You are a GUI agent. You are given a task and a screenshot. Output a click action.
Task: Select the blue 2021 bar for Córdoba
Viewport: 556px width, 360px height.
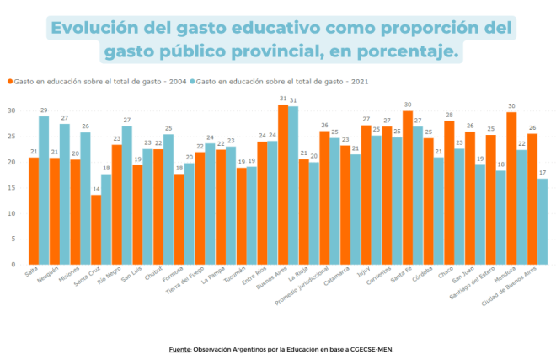click(439, 211)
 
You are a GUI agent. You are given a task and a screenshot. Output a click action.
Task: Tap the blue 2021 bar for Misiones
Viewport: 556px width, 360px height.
click(86, 198)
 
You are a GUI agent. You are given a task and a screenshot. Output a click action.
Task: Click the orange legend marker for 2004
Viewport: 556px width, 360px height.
click(10, 81)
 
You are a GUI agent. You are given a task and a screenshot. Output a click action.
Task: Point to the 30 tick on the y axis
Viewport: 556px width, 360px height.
click(12, 110)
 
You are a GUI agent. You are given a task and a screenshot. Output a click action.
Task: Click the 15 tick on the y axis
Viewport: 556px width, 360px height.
click(12, 187)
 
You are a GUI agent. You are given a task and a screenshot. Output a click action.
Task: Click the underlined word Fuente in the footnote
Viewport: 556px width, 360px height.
click(179, 348)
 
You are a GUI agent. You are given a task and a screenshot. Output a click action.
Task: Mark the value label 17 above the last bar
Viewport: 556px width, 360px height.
click(543, 172)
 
